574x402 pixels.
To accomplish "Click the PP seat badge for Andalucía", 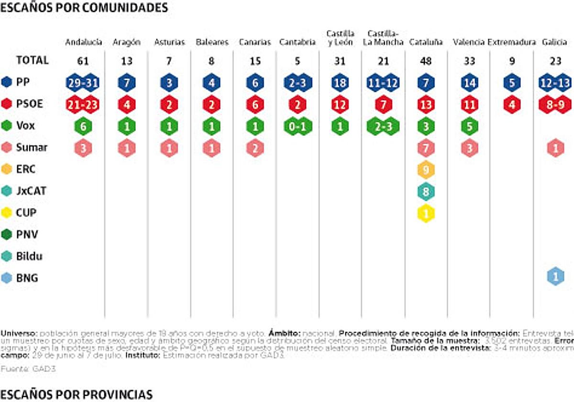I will pyautogui.click(x=84, y=83).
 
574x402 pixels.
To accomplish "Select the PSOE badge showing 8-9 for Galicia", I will pyautogui.click(x=555, y=104).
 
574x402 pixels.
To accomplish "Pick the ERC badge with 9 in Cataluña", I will pyautogui.click(x=426, y=169).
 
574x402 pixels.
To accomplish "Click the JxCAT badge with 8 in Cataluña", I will pyautogui.click(x=426, y=191).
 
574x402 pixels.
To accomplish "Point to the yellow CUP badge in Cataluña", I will pyautogui.click(x=426, y=213).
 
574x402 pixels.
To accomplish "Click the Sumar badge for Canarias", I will pyautogui.click(x=255, y=148).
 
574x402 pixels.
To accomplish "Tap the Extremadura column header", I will pyautogui.click(x=511, y=42).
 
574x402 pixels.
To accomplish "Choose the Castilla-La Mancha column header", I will pyautogui.click(x=383, y=38).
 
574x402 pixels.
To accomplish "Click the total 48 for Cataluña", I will pyautogui.click(x=426, y=61).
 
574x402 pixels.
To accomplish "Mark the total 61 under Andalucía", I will pyautogui.click(x=84, y=61).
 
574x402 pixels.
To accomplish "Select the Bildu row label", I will pyautogui.click(x=29, y=256).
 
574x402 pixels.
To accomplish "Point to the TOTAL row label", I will pyautogui.click(x=33, y=60).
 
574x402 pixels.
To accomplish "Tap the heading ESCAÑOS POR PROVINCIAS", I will pyautogui.click(x=77, y=394).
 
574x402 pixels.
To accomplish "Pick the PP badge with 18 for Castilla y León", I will pyautogui.click(x=340, y=83).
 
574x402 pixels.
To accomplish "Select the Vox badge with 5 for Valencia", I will pyautogui.click(x=469, y=126).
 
